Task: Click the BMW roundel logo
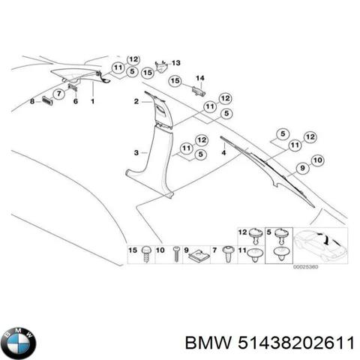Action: [18, 343]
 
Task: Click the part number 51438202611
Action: [296, 343]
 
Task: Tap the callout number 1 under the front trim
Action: [92, 101]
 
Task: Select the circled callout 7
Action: [59, 94]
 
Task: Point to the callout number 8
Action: [32, 101]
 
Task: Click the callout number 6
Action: [76, 101]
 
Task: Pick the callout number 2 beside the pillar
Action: [136, 101]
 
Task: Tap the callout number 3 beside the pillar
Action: [136, 152]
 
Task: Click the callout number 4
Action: [223, 152]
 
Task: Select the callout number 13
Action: [175, 63]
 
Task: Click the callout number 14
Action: [200, 78]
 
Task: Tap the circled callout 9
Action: [302, 168]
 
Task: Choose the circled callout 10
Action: [317, 160]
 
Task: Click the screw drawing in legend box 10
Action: [176, 253]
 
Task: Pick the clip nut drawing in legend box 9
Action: [199, 256]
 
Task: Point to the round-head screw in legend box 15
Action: [146, 253]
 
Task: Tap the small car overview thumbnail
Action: [320, 245]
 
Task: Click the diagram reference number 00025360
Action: [305, 267]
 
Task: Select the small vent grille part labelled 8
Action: [47, 101]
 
